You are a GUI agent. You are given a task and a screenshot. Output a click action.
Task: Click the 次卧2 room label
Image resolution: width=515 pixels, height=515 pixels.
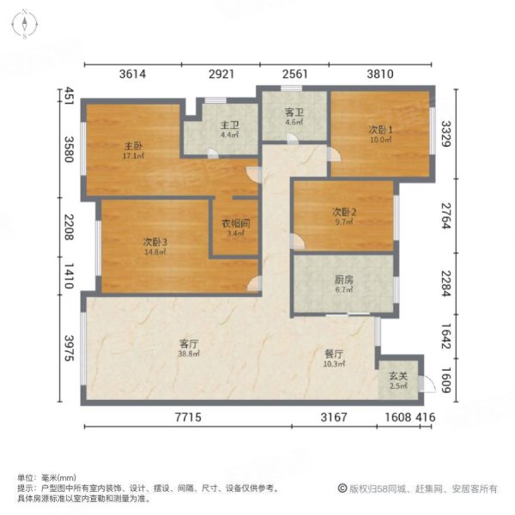pos(343,212)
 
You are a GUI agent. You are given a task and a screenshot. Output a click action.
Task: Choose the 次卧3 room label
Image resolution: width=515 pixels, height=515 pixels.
pos(155,242)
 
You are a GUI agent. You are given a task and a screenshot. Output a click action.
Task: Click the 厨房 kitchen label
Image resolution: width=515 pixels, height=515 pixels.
pos(344,279)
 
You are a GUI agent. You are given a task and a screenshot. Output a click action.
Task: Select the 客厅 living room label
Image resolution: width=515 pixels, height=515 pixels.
pos(189,343)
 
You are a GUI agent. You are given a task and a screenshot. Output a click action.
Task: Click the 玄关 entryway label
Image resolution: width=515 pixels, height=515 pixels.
pos(397,375)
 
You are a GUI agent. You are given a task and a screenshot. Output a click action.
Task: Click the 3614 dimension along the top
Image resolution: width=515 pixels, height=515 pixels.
pos(133,75)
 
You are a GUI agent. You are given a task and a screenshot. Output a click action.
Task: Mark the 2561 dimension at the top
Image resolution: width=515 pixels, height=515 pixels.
pos(294,75)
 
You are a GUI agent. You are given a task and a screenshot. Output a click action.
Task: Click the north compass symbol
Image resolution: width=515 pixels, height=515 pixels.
pos(27,23)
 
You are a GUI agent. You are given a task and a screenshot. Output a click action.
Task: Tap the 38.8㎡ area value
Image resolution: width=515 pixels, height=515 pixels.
pos(190,354)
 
